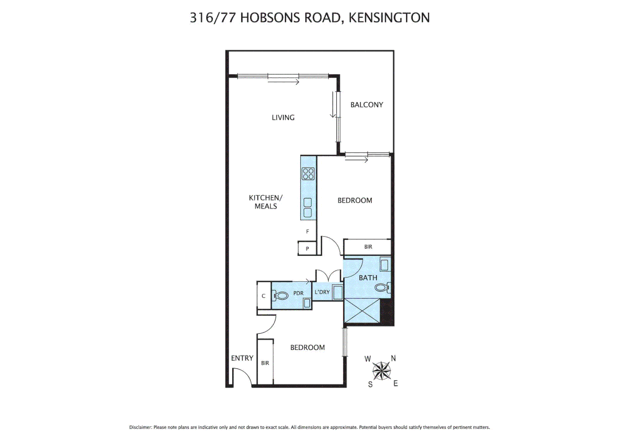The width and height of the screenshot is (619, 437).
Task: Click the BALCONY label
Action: pos(366,105)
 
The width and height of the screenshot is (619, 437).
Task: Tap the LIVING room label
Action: pos(283,118)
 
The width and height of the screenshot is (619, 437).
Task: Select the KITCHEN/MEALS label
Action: pos(265,202)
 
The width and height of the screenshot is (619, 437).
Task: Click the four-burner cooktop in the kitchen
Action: pos(308,174)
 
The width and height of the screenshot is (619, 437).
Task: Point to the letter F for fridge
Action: pos(307,231)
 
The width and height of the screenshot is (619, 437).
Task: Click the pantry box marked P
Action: pos(307,248)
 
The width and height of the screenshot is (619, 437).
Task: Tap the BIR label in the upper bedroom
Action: pos(368,247)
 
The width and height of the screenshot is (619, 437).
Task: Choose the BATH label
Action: pos(367,278)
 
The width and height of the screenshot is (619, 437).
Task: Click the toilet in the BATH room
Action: pos(382,288)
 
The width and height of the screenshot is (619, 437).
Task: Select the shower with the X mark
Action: pos(362,311)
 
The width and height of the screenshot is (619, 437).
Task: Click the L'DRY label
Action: pos(322,292)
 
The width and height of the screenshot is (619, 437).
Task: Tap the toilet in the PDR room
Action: pos(281,296)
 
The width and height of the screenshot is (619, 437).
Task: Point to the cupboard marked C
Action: pos(263,296)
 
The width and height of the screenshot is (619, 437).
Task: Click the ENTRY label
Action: pos(242,358)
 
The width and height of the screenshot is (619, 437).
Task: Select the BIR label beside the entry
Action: pos(265,363)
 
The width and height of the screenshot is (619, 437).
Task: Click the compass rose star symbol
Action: pos(381,371)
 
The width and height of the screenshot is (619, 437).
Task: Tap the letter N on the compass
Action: pos(393,359)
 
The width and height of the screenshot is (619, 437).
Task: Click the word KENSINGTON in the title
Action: pos(389,18)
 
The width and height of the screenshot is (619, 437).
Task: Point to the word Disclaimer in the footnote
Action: pos(140,427)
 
